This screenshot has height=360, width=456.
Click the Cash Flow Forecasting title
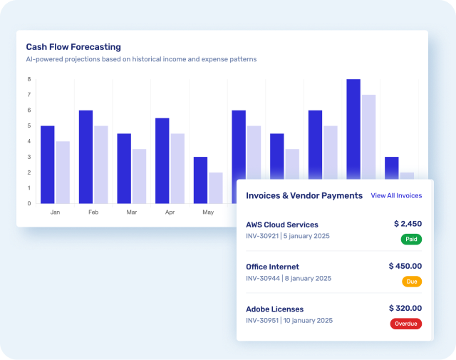[x=73, y=47]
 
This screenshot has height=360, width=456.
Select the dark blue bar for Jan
[x=48, y=165]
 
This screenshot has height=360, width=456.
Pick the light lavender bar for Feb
[x=101, y=165]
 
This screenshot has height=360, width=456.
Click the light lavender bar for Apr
[x=177, y=168]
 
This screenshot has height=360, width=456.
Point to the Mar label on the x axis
[x=131, y=212]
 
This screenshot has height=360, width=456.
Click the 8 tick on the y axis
[x=28, y=79]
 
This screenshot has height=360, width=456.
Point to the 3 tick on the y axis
[x=28, y=157]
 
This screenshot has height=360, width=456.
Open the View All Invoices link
[x=396, y=195]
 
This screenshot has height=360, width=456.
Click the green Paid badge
[x=411, y=240]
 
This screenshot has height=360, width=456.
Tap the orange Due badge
[x=412, y=282]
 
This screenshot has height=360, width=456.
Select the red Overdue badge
[x=406, y=324]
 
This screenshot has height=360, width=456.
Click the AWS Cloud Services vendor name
[x=282, y=225]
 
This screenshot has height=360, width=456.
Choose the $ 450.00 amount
[x=405, y=266]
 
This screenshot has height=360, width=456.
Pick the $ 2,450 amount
[x=408, y=224]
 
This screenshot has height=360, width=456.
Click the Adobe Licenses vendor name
[x=275, y=309]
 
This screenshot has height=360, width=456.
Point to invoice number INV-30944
[x=262, y=278]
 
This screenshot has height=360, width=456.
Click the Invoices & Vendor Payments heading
[x=304, y=195]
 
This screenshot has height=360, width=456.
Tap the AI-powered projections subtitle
[x=141, y=59]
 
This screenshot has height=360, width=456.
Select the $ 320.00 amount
[x=405, y=308]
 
